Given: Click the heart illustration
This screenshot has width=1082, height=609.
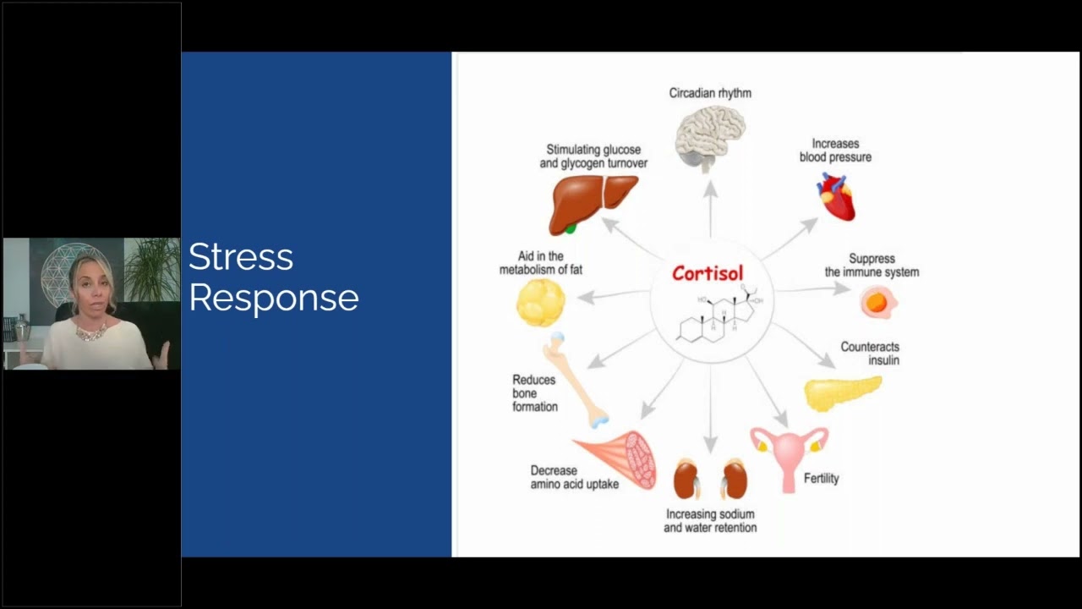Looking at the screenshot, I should click(836, 196).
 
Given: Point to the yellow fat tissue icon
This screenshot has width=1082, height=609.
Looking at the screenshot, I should click(540, 302).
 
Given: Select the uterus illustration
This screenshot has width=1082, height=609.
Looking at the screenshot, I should click(789, 453).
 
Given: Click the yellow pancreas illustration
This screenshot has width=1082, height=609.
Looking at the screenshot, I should click(842, 392).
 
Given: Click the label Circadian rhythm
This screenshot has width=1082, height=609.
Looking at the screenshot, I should click(710, 93).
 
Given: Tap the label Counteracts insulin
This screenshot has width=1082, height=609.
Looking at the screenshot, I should click(870, 354).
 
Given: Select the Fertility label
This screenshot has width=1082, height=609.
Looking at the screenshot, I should click(822, 479).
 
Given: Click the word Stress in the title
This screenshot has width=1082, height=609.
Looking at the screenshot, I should click(241, 257).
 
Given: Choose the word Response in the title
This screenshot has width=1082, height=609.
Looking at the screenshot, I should click(274, 299).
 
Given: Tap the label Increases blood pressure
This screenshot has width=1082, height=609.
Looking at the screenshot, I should click(835, 151).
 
